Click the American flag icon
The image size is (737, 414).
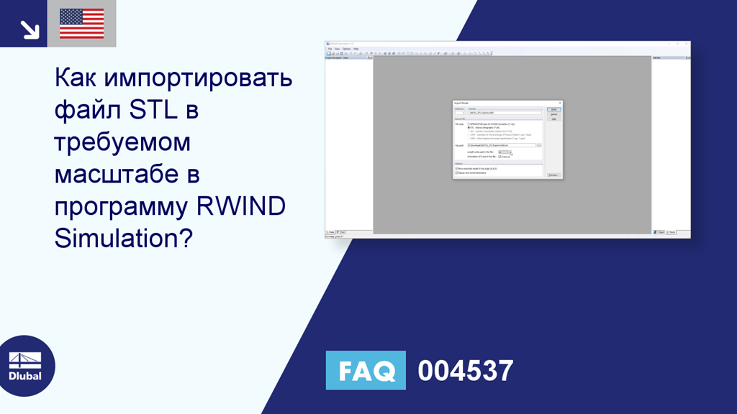coord(81,24)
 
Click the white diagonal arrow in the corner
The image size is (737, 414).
coord(30,29)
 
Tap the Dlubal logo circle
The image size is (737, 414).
coord(25,366)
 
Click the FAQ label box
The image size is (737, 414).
coord(366,370)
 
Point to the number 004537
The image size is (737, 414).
coord(466,371)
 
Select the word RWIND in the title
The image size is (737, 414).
coord(240,205)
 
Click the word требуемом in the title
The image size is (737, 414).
coord(122,142)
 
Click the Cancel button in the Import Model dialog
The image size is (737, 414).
coord(553,114)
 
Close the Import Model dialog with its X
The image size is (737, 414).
coord(560,103)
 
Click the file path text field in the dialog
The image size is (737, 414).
coord(501,145)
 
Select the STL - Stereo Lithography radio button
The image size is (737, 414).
coord(469,127)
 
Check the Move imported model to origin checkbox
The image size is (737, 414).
coord(457,169)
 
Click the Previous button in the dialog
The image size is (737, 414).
coord(553,175)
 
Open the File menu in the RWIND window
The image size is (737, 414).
coord(330,49)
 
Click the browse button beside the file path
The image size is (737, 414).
coord(539,145)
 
